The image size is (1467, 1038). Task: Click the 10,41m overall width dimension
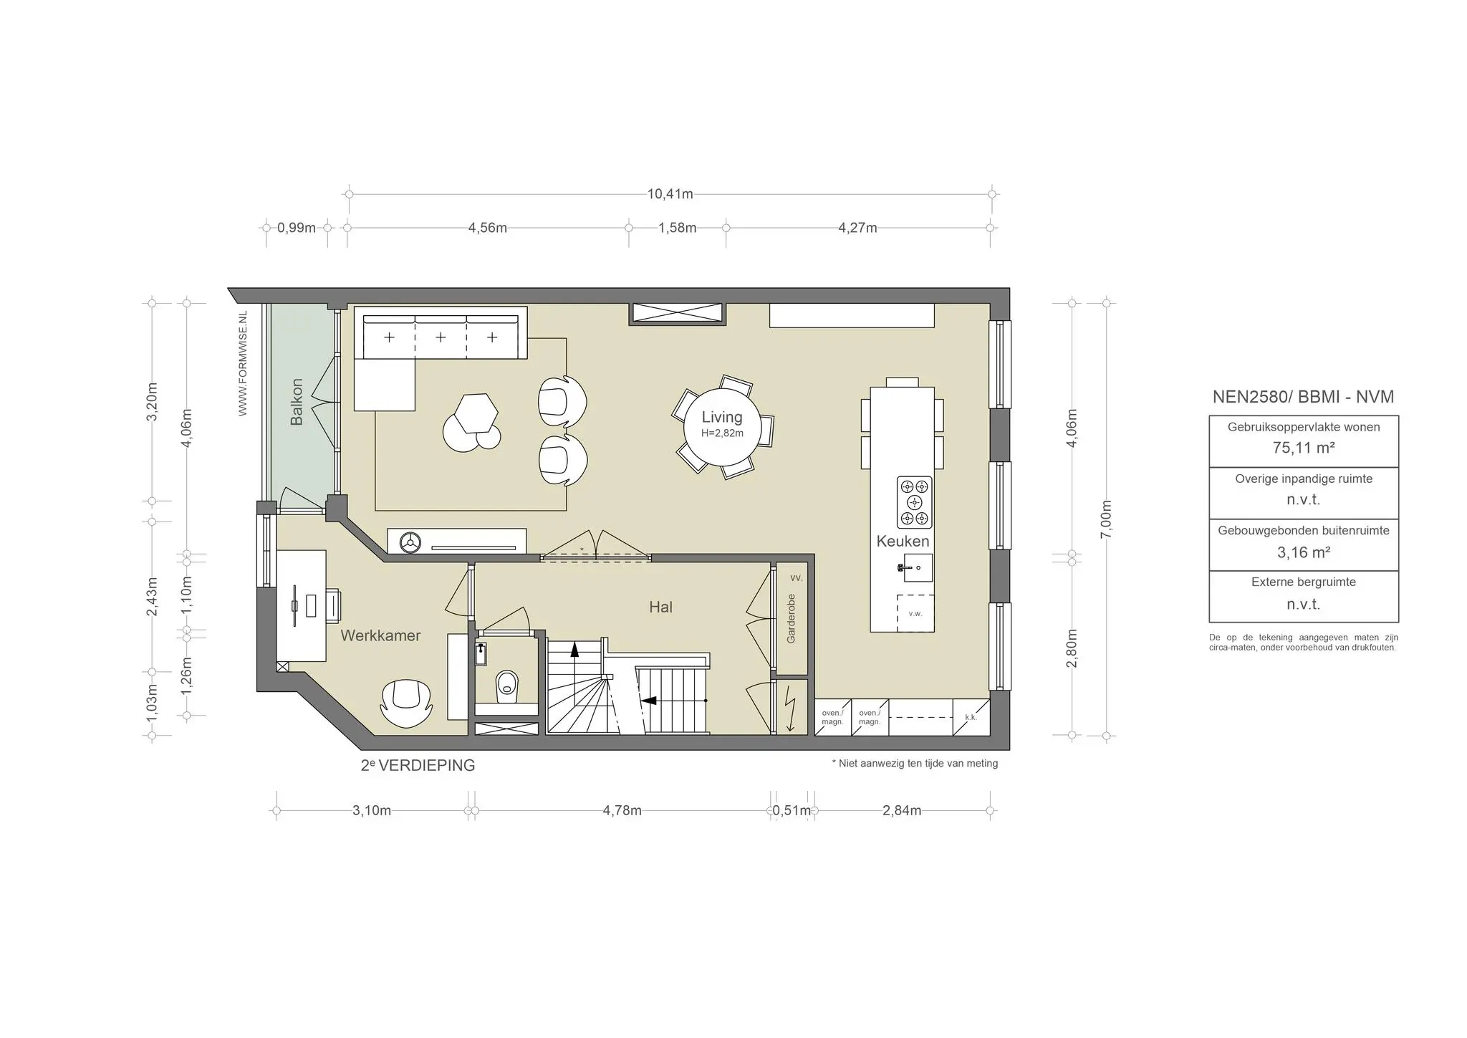pos(670,194)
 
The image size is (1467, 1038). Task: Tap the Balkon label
pos(297,402)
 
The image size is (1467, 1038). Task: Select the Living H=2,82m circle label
pos(722,424)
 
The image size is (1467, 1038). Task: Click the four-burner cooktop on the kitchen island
pos(915,502)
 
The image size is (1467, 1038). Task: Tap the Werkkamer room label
pos(380,635)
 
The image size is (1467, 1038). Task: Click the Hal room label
pos(660,607)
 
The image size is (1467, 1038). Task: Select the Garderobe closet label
pos(792,618)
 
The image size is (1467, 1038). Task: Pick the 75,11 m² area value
pos(1303,448)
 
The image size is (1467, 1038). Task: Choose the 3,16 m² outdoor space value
pos(1303,552)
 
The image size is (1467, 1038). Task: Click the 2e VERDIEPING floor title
pos(418,765)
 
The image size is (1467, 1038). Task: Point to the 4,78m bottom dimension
pos(622,811)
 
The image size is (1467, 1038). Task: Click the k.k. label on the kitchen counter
pos(971,717)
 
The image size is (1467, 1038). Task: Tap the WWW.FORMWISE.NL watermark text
pos(243,363)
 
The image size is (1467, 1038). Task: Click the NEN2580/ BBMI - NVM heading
pos(1303,397)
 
